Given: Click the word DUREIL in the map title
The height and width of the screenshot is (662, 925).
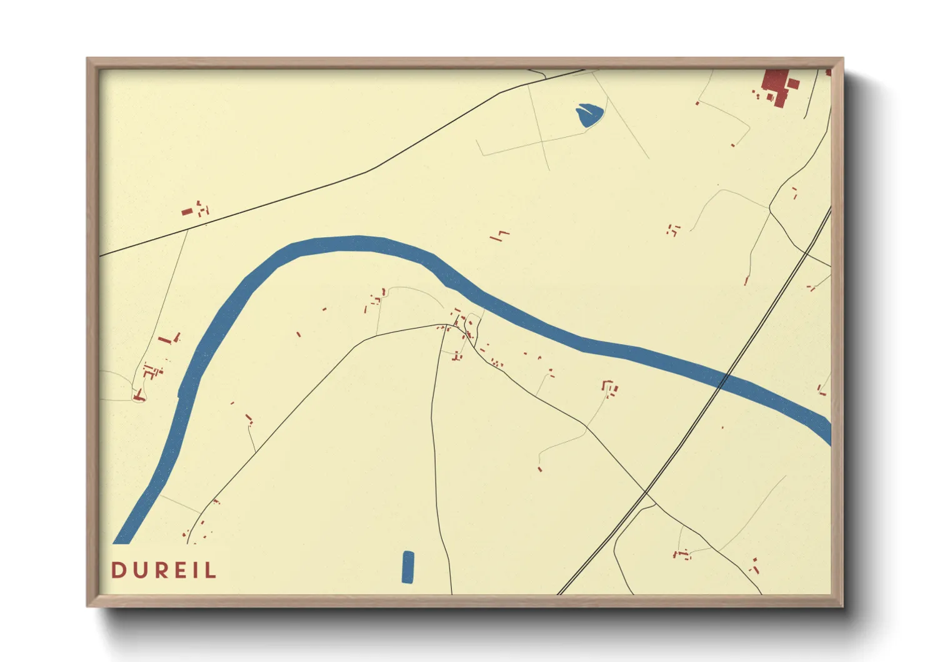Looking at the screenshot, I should tap(164, 570).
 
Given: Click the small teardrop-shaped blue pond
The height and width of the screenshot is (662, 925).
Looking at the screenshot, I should tap(589, 116).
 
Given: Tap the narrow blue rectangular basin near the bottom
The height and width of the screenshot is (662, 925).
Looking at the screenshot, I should tap(408, 567).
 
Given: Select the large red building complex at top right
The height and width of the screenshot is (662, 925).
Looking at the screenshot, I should tap(777, 86).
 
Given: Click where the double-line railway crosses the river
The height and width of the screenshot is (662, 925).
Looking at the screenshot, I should tap(722, 379).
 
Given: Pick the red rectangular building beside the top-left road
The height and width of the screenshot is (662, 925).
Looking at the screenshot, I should tap(187, 212).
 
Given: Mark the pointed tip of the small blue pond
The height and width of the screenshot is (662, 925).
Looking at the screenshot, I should tap(577, 108).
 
